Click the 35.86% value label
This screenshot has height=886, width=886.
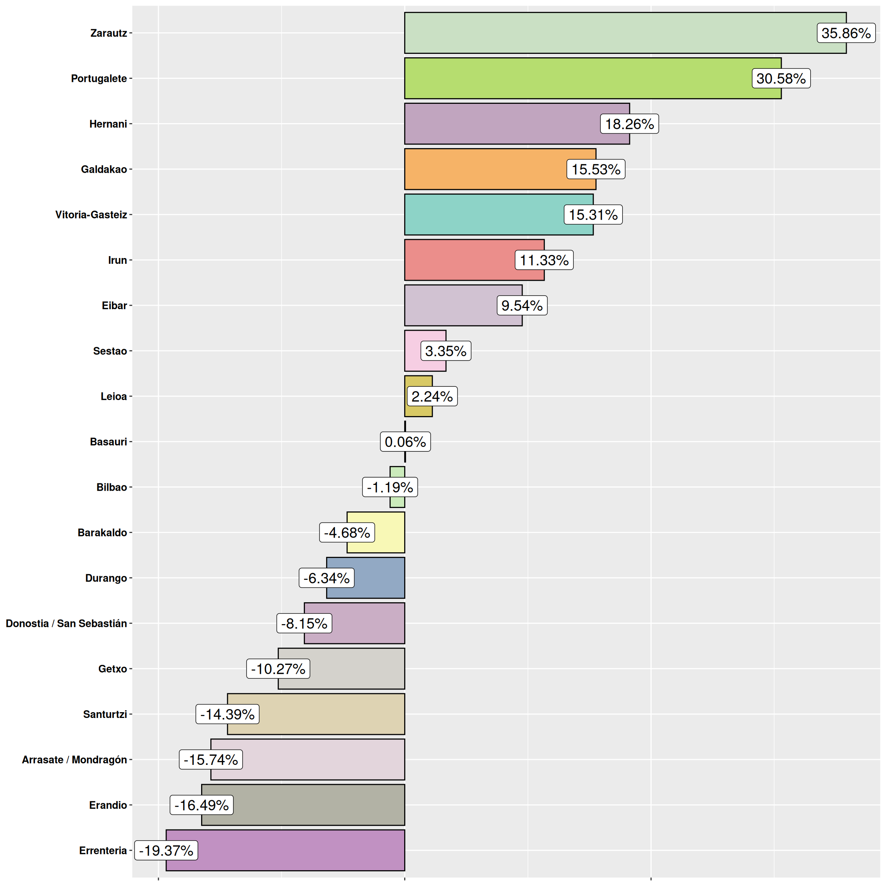click(x=846, y=33)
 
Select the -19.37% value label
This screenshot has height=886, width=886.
click(x=166, y=850)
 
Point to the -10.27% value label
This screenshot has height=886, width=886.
click(x=278, y=669)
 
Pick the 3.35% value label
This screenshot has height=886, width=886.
click(x=445, y=351)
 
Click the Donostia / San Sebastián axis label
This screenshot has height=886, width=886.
click(x=66, y=623)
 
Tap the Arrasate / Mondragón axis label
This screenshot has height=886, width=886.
click(x=74, y=759)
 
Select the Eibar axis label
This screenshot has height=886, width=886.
click(x=114, y=305)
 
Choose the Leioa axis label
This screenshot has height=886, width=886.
click(x=114, y=396)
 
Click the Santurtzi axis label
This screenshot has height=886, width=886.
click(x=105, y=714)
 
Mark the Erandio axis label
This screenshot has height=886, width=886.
click(x=108, y=805)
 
